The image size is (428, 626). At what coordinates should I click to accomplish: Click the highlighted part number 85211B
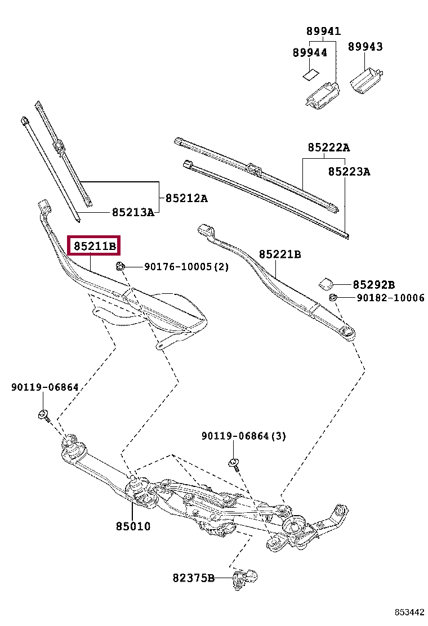click(x=93, y=246)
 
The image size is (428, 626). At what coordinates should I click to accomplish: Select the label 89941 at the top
click(x=323, y=32)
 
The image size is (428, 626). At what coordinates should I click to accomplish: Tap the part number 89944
click(x=310, y=52)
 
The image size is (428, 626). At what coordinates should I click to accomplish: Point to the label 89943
click(x=364, y=47)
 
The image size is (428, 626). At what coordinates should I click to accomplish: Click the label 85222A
click(x=328, y=148)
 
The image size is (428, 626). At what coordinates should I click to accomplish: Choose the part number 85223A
click(x=349, y=172)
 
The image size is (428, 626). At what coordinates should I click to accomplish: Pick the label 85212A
click(x=186, y=198)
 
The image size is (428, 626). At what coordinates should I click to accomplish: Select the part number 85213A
click(x=133, y=212)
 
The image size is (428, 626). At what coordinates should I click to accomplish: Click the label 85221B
click(x=280, y=254)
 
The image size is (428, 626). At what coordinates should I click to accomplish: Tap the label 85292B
click(x=374, y=285)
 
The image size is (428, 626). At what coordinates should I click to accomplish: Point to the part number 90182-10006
click(x=390, y=298)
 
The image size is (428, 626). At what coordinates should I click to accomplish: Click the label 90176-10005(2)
click(x=186, y=267)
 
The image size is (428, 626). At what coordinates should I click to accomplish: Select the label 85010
click(x=133, y=526)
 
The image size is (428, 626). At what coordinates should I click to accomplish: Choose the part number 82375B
click(x=194, y=578)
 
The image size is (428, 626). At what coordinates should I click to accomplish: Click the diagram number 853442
click(x=408, y=612)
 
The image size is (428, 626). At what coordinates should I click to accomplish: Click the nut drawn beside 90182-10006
click(x=333, y=297)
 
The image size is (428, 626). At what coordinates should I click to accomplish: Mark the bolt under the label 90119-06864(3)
click(x=234, y=464)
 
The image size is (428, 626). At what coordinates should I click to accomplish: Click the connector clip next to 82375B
click(x=246, y=578)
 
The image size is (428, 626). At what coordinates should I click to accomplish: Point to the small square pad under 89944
click(x=309, y=74)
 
